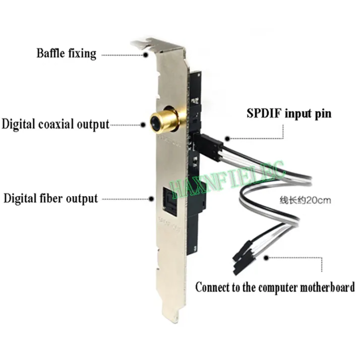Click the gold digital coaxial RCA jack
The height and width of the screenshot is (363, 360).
(163, 122)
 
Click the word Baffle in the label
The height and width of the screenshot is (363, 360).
(50, 53)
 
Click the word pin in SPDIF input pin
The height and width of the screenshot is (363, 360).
(321, 113)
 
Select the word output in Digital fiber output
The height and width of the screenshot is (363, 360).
(82, 198)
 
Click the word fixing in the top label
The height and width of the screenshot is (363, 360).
(82, 53)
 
